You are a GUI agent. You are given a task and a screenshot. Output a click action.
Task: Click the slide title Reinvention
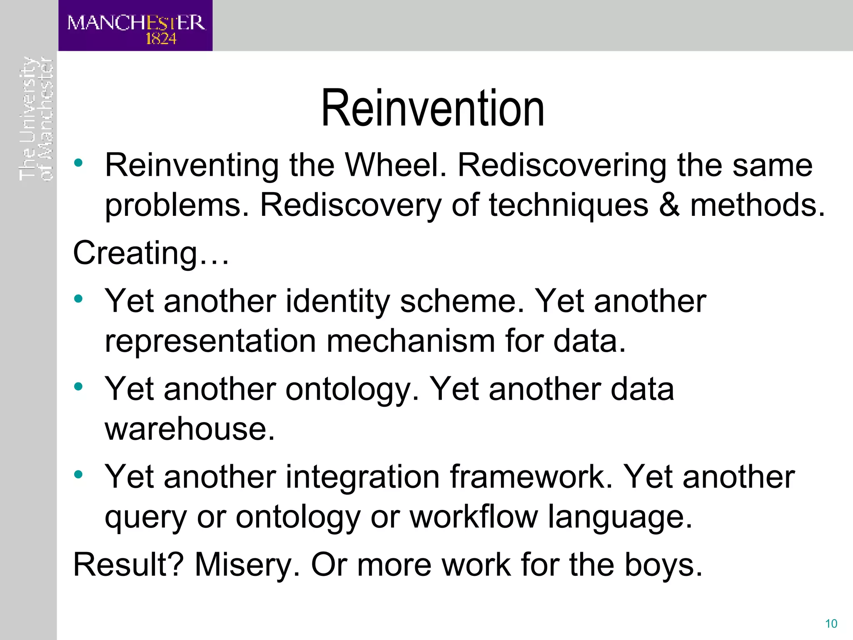click(x=433, y=109)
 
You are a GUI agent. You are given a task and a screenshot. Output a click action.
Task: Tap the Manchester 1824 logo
click(x=135, y=26)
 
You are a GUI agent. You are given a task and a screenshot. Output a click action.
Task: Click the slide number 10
click(x=831, y=624)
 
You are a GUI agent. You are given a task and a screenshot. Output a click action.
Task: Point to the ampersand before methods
click(x=669, y=205)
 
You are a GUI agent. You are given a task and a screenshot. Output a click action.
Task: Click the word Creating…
click(x=151, y=253)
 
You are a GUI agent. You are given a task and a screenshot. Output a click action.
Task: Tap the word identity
click(x=337, y=301)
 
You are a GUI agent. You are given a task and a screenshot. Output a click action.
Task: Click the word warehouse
click(x=190, y=429)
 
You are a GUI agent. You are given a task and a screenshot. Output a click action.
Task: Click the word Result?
click(x=128, y=565)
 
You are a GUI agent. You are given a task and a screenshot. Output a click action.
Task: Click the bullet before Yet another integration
click(x=78, y=475)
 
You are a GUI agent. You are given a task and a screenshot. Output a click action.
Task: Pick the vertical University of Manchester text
click(x=36, y=119)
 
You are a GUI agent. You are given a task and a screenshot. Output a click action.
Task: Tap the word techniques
click(x=569, y=205)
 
